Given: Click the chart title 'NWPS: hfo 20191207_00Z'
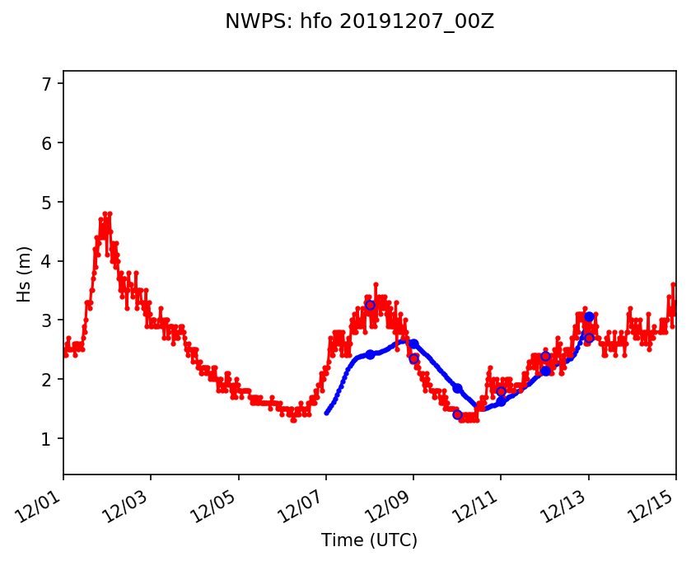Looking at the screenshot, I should (x=359, y=22).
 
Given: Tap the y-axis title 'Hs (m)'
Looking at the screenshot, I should (x=25, y=273).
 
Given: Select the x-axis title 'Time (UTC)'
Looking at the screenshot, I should (x=369, y=540).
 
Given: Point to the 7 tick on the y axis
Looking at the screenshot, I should (x=47, y=84).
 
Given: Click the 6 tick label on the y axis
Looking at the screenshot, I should (x=47, y=143).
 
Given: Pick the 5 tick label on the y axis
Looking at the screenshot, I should (x=47, y=203).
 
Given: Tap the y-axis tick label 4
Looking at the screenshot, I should (x=47, y=262).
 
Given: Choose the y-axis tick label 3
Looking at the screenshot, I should (x=47, y=320).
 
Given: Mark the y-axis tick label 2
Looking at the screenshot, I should (x=47, y=380).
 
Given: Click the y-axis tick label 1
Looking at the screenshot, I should (x=47, y=439).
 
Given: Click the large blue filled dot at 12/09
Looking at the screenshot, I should (x=413, y=344).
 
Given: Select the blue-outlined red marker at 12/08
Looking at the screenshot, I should (x=370, y=305).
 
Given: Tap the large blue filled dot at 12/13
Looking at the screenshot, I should (x=589, y=316).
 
